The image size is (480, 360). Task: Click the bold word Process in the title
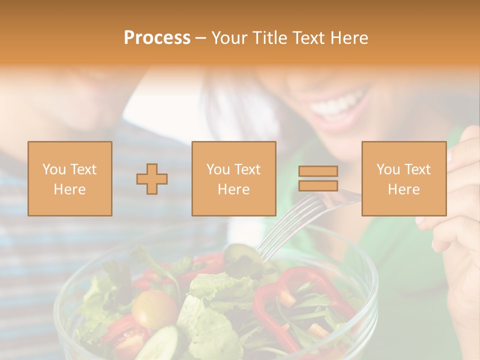(x=157, y=38)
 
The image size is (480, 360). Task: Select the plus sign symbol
(x=152, y=179)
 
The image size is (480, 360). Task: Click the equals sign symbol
(x=318, y=178)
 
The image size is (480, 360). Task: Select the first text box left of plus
(x=69, y=178)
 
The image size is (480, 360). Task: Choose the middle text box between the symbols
(x=233, y=178)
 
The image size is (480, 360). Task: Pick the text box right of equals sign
(x=403, y=178)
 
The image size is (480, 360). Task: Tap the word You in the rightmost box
(x=388, y=169)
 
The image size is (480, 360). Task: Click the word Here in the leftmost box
(x=69, y=189)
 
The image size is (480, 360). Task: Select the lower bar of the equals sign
(x=318, y=185)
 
